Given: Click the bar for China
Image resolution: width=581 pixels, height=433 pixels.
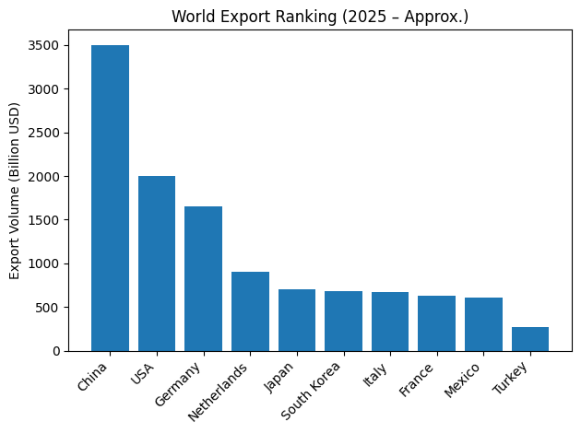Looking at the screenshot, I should (x=110, y=198).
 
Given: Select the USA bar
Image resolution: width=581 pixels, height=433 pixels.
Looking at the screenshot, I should (x=157, y=263).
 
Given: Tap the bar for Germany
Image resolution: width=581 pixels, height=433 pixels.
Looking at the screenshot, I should (x=203, y=278).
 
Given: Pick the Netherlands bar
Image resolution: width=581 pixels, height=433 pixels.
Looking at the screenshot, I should (x=250, y=311).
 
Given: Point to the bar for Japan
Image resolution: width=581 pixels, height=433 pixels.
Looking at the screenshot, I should (x=297, y=320).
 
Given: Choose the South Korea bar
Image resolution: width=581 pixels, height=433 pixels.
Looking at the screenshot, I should (x=343, y=321).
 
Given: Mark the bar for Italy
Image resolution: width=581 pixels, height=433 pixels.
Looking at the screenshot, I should (x=390, y=322).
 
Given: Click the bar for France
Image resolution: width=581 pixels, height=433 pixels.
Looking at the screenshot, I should (x=436, y=323).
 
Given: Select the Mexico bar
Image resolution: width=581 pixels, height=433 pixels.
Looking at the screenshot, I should (x=483, y=324).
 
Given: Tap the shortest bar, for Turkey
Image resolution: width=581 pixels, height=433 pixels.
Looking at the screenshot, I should (x=530, y=339).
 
